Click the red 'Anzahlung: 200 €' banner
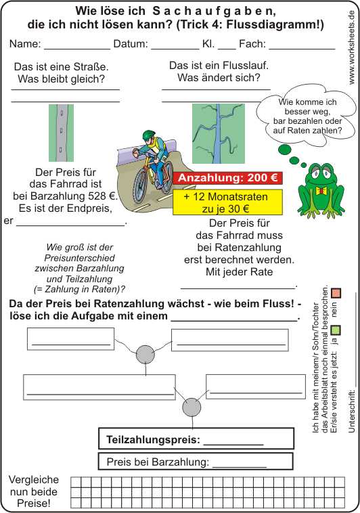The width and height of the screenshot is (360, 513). pyautogui.click(x=227, y=178)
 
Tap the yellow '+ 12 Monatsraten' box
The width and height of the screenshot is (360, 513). pyautogui.click(x=227, y=202)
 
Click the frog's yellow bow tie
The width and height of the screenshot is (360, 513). pyautogui.click(x=321, y=190)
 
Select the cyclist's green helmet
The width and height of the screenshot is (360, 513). pyautogui.click(x=149, y=135)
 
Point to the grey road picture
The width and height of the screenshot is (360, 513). pyautogui.click(x=61, y=133)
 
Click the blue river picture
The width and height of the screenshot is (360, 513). pyautogui.click(x=219, y=133)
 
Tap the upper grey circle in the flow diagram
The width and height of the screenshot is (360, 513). pyautogui.click(x=145, y=355)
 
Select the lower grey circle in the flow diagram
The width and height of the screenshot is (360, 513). pyautogui.click(x=192, y=407)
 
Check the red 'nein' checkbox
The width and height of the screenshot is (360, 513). pyautogui.click(x=336, y=293)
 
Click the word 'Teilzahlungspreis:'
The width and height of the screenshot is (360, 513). pyautogui.click(x=153, y=439)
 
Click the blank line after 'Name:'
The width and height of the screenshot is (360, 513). pyautogui.click(x=77, y=49)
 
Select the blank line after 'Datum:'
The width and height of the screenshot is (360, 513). pyautogui.click(x=175, y=49)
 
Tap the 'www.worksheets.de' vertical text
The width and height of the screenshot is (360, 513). pyautogui.click(x=351, y=47)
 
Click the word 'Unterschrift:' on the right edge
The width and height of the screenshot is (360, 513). pyautogui.click(x=352, y=411)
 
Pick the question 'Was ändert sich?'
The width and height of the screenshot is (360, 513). pyautogui.click(x=219, y=78)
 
